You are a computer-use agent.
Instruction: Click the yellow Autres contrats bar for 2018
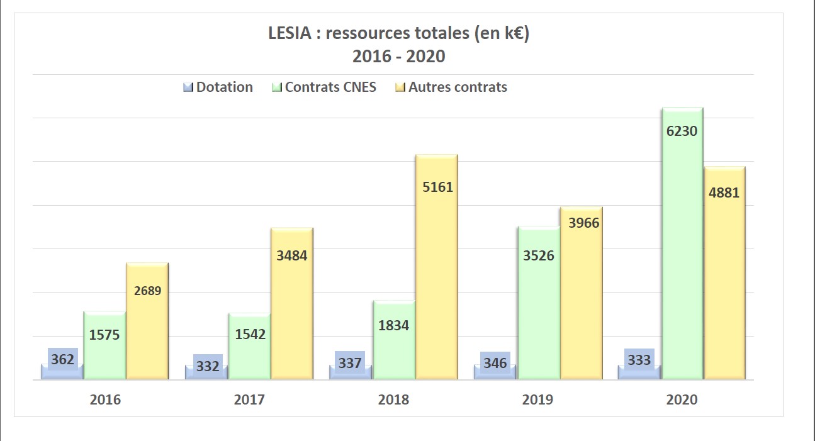click(436, 277)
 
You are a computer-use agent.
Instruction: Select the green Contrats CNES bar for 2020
click(682, 252)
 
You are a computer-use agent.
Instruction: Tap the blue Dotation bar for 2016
click(62, 372)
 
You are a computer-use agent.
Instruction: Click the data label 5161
click(437, 187)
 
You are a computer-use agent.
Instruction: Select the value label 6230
click(683, 131)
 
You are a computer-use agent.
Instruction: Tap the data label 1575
click(104, 335)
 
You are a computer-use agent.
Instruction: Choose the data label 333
click(639, 360)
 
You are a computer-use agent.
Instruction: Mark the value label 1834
click(394, 325)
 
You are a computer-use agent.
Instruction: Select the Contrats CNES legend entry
click(324, 87)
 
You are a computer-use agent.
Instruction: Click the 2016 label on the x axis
click(105, 399)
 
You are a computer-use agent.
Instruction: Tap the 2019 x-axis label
click(537, 399)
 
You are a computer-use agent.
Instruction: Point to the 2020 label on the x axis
click(682, 399)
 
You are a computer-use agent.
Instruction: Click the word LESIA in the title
click(290, 33)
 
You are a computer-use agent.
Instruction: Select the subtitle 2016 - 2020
click(398, 57)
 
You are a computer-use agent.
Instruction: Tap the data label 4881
click(724, 193)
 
